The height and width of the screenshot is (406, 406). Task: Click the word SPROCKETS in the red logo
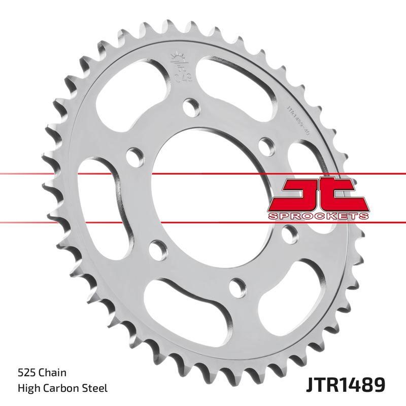[317, 216]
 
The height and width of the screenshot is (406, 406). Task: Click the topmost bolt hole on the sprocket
[191, 106]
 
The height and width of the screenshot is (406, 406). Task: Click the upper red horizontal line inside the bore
[213, 174]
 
